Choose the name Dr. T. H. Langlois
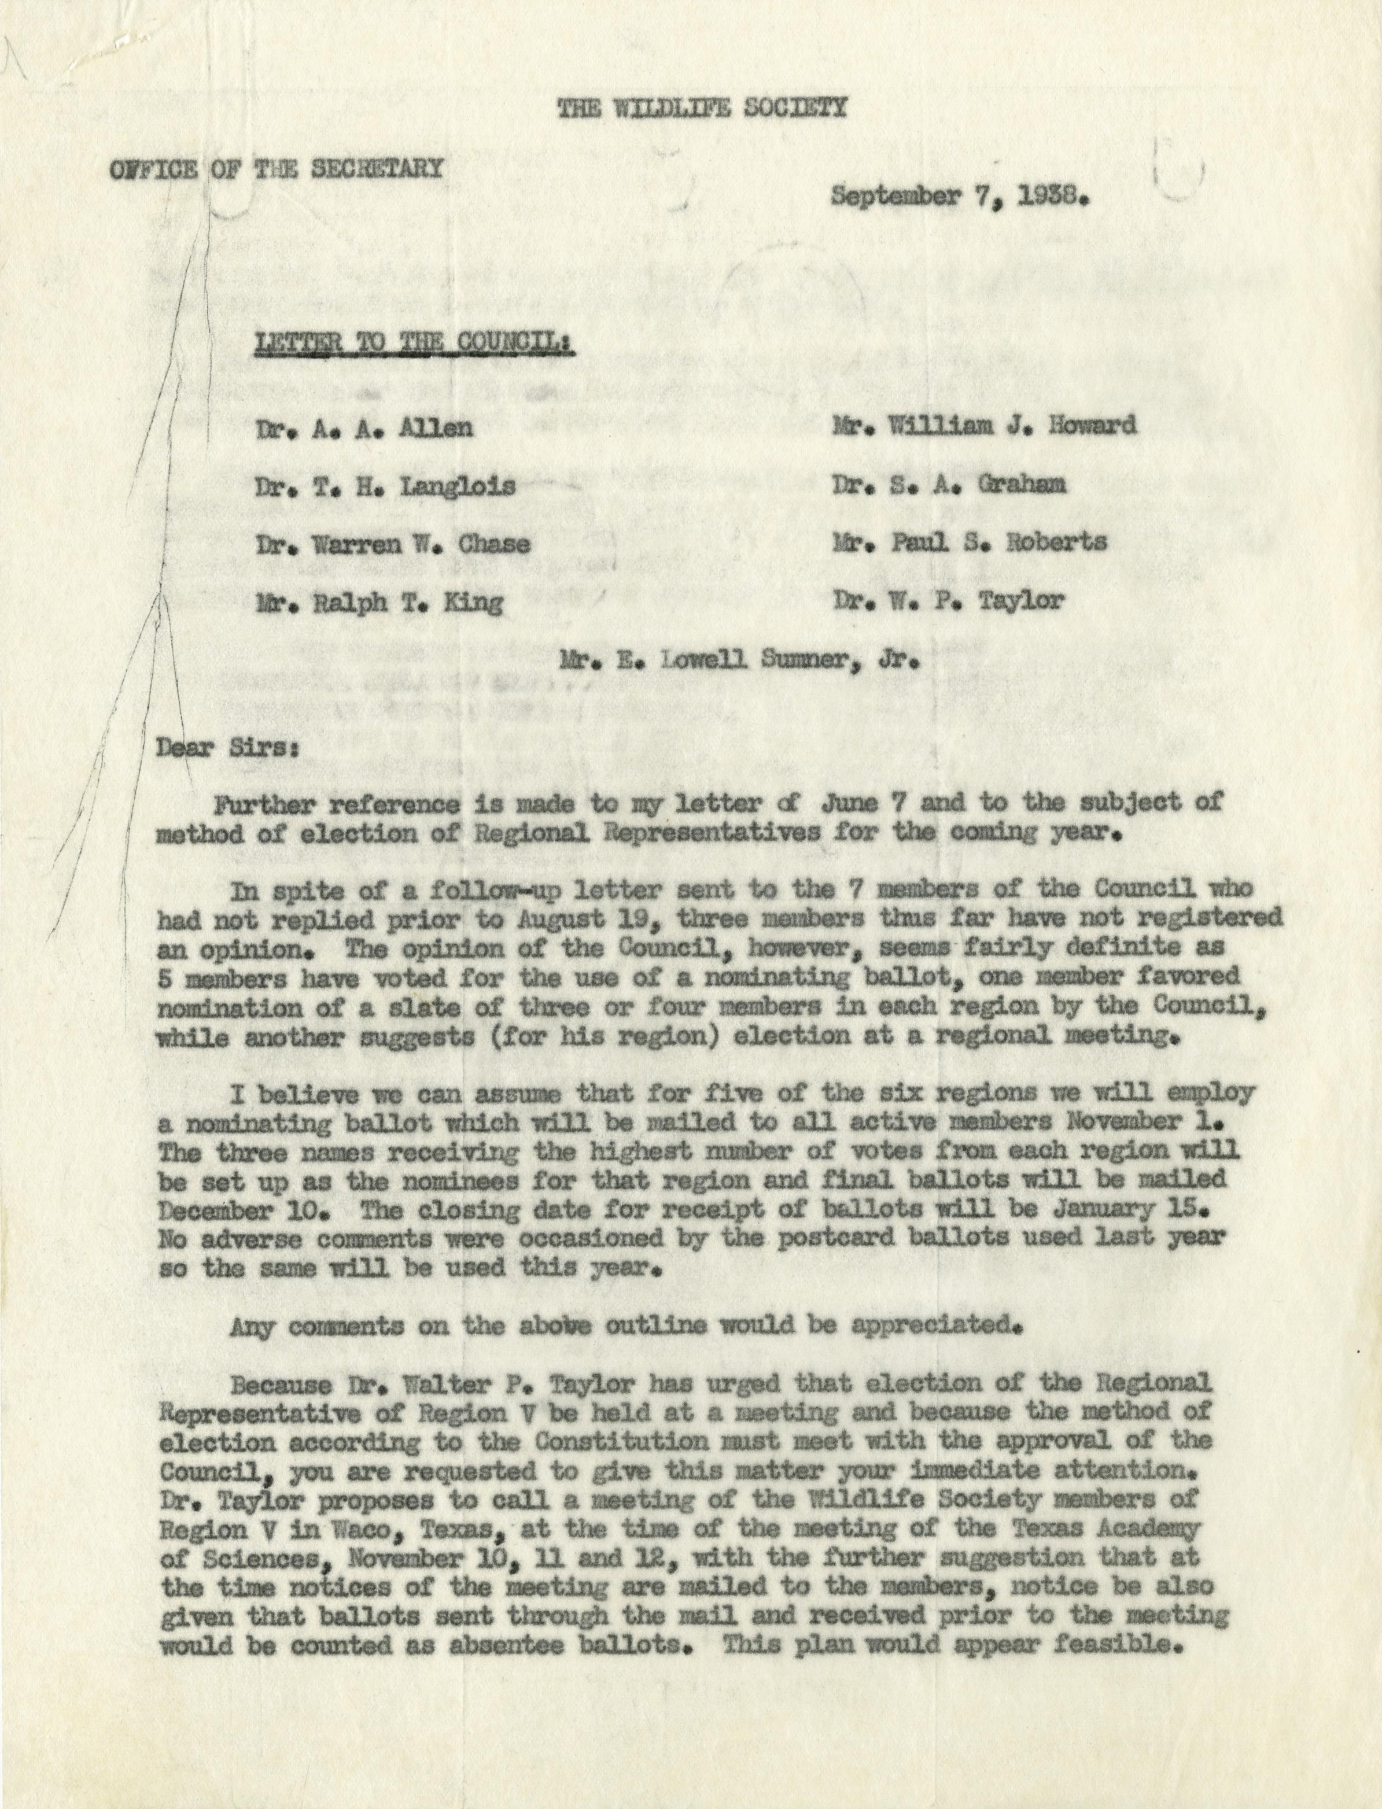coord(386,487)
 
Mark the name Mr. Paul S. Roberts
coord(968,542)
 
